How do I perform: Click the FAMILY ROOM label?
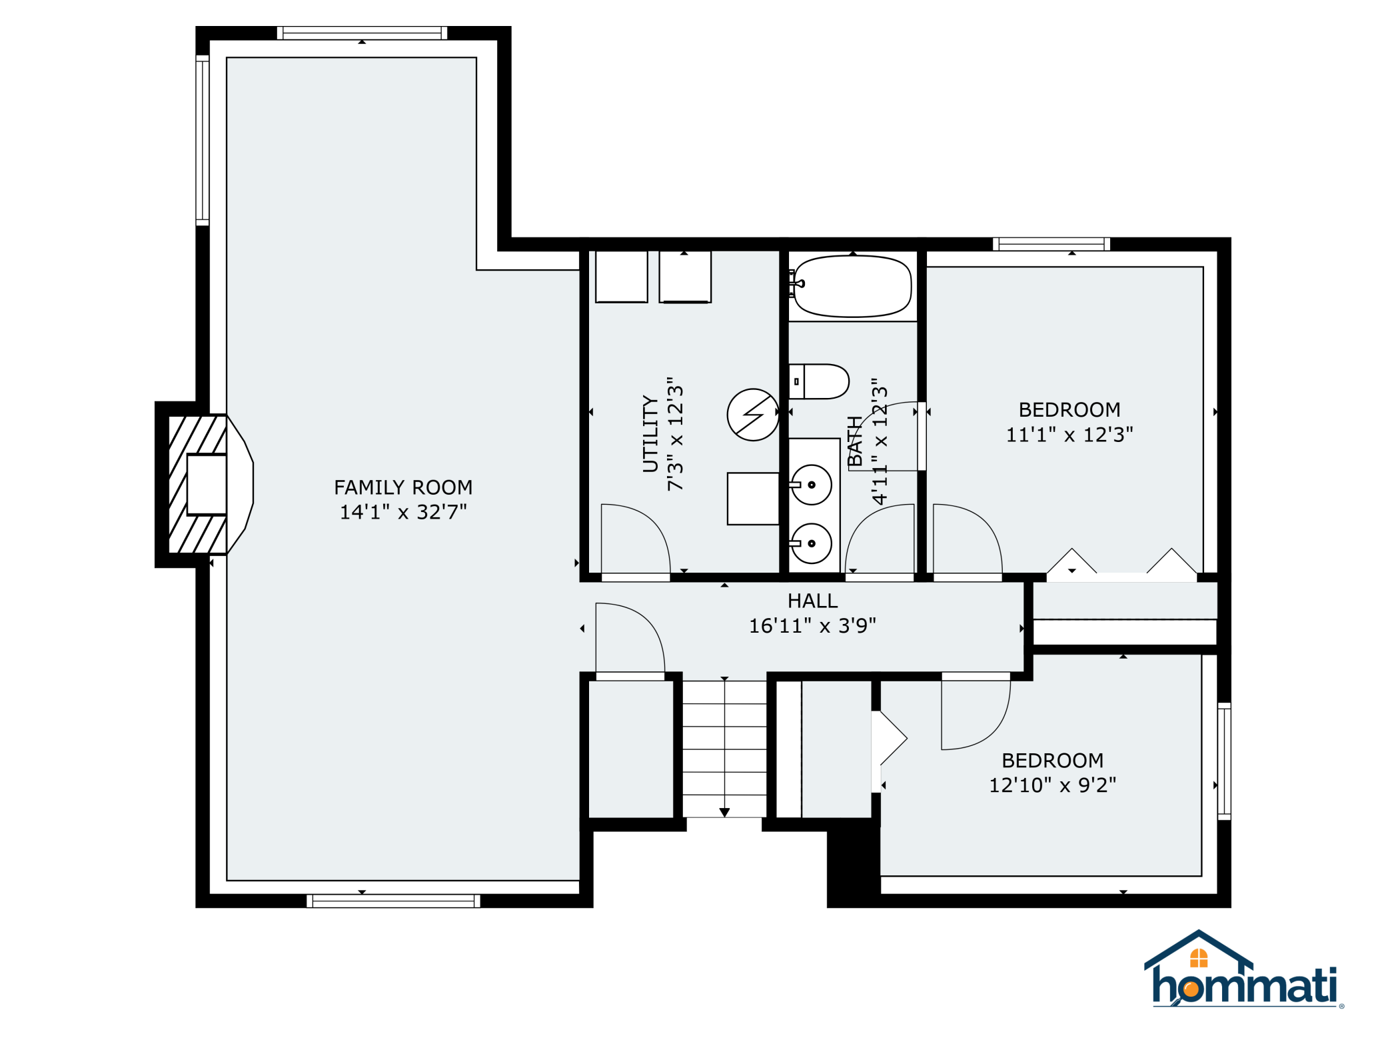(403, 487)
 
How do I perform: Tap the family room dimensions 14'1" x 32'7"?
(403, 512)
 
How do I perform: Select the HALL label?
(812, 601)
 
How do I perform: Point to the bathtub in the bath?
(852, 286)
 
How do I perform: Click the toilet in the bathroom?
(819, 381)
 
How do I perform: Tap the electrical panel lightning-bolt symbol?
(753, 415)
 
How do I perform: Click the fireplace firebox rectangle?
(207, 485)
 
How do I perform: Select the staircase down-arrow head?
(724, 813)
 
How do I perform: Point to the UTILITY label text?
(650, 434)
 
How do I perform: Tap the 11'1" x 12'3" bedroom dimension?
(1069, 435)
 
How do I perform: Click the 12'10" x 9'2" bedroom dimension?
(1053, 785)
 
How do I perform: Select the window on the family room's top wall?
(362, 33)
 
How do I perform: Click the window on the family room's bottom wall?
(393, 901)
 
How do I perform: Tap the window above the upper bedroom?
(1051, 244)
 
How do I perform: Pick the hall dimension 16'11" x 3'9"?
(812, 626)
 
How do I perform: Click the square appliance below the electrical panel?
(753, 499)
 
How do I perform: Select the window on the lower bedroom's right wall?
(1224, 761)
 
